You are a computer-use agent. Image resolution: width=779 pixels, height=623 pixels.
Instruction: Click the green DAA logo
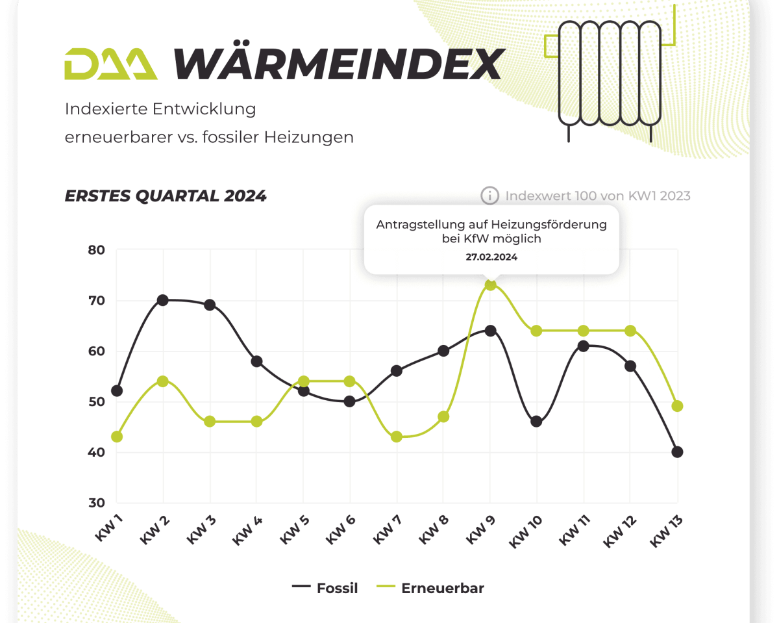tap(110, 64)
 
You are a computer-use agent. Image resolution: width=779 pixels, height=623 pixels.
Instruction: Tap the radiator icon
tap(609, 73)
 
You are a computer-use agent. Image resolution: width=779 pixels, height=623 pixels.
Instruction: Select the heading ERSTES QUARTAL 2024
tap(166, 196)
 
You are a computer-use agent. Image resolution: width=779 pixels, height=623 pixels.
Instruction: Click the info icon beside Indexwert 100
tap(489, 196)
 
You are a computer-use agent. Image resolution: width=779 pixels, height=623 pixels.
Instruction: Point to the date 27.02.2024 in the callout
tap(491, 257)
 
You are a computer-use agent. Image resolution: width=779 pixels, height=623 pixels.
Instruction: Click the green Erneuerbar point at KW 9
tap(491, 285)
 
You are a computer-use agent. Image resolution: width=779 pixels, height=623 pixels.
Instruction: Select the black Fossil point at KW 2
tap(163, 300)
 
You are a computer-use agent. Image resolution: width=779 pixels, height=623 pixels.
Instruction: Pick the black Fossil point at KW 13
tap(677, 452)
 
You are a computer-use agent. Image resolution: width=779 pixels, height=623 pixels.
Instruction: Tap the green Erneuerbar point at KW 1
tap(117, 437)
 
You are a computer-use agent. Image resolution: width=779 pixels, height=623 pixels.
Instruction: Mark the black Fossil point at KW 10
tap(536, 422)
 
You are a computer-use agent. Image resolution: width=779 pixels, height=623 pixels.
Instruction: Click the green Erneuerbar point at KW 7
tap(397, 437)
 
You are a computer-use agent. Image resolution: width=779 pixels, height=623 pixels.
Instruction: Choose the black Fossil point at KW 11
tap(583, 346)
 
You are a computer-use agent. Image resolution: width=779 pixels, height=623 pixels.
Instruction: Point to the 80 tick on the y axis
tap(96, 250)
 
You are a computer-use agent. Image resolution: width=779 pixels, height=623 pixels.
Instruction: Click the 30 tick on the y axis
tap(96, 503)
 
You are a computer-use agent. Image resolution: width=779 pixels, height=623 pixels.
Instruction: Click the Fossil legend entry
tap(325, 589)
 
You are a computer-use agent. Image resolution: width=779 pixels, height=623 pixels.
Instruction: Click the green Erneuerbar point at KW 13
tap(677, 407)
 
